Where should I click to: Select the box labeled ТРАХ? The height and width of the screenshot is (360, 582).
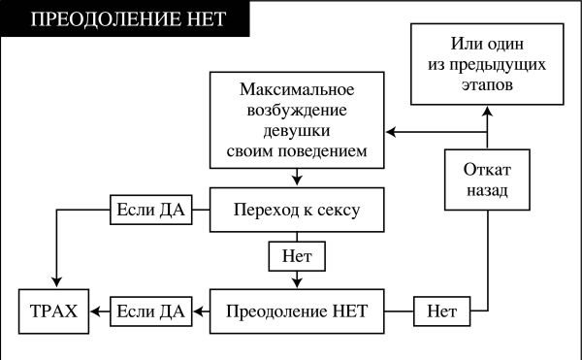coord(55,311)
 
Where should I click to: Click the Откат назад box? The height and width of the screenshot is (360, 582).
coord(488,179)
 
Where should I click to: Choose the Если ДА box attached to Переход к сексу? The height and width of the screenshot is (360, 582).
coord(150,209)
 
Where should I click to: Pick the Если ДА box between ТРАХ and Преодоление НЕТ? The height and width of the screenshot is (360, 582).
coord(150,311)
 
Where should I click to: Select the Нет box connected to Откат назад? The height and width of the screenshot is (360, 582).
coord(442,311)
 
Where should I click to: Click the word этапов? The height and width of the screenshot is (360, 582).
coord(488,85)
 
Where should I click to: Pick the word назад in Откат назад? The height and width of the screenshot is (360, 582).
coord(488,191)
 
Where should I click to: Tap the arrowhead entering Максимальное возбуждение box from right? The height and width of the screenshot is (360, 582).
coord(390,131)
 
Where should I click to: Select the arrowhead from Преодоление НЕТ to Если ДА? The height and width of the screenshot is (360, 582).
coord(197,311)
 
